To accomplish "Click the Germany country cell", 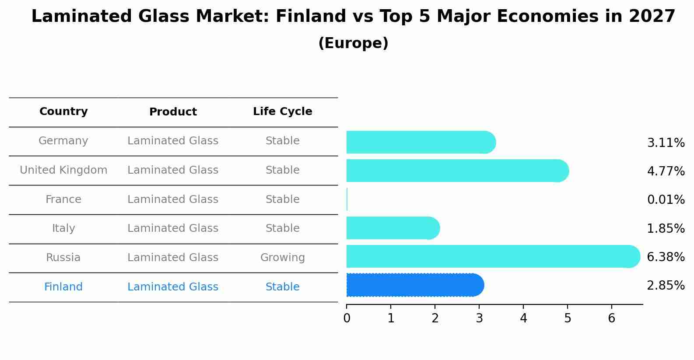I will pos(63,141).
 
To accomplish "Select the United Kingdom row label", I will pos(63,170).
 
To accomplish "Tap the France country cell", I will pos(63,199).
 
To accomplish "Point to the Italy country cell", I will pos(63,228).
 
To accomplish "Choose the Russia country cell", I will pos(63,258).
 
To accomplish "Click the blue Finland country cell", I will pos(63,287).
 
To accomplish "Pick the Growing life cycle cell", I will pos(283,258).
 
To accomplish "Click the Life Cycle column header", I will pos(283,112).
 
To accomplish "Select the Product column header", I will pos(173,112).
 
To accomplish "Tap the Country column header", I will pos(63,112).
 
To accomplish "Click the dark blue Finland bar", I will pos(414,285).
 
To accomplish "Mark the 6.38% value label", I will pos(666,257).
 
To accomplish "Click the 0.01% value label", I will pos(666,200).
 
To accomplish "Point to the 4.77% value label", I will pos(666,171).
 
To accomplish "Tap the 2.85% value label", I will pos(666,286).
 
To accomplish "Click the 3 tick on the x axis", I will pos(479,318).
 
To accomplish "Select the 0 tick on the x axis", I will pos(347,318).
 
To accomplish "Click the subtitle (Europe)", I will pos(353,43).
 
